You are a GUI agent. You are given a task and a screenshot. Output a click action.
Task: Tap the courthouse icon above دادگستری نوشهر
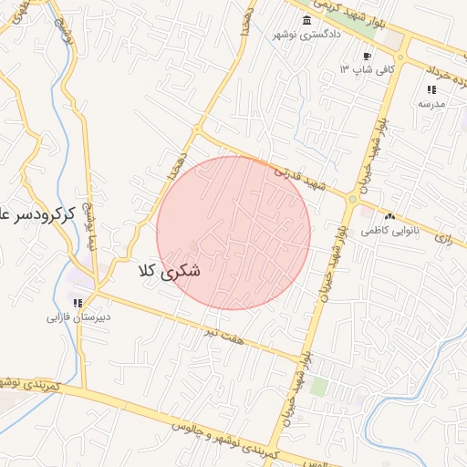[306, 21]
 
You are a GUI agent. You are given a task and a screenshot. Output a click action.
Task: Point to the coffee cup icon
[368, 57]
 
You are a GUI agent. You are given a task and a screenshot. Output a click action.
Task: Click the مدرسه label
[431, 103]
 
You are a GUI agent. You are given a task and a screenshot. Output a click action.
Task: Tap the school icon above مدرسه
[431, 89]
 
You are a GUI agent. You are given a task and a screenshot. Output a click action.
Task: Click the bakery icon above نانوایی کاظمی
[390, 217]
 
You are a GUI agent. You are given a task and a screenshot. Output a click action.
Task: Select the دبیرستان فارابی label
[79, 318]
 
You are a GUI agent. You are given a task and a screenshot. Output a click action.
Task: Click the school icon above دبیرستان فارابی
[78, 304]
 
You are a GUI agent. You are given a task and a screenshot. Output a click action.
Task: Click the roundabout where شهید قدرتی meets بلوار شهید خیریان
[351, 197]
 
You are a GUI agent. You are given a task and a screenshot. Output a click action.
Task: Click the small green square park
[318, 387]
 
